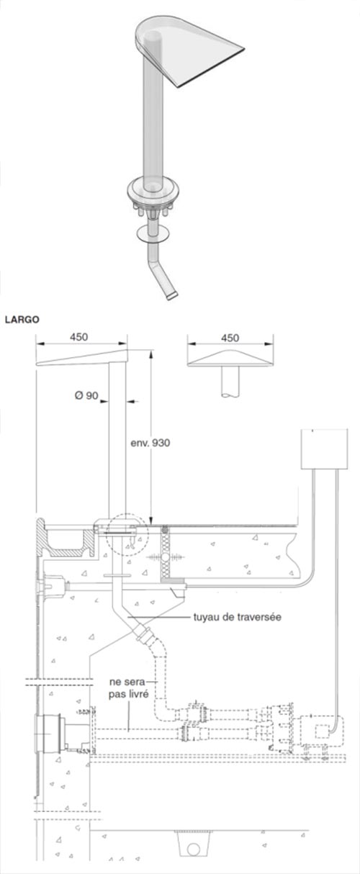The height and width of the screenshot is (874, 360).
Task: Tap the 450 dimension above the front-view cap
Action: [x=230, y=337]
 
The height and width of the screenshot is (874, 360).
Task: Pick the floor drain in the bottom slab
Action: [x=193, y=847]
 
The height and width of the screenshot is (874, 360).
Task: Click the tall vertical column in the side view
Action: [x=117, y=439]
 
